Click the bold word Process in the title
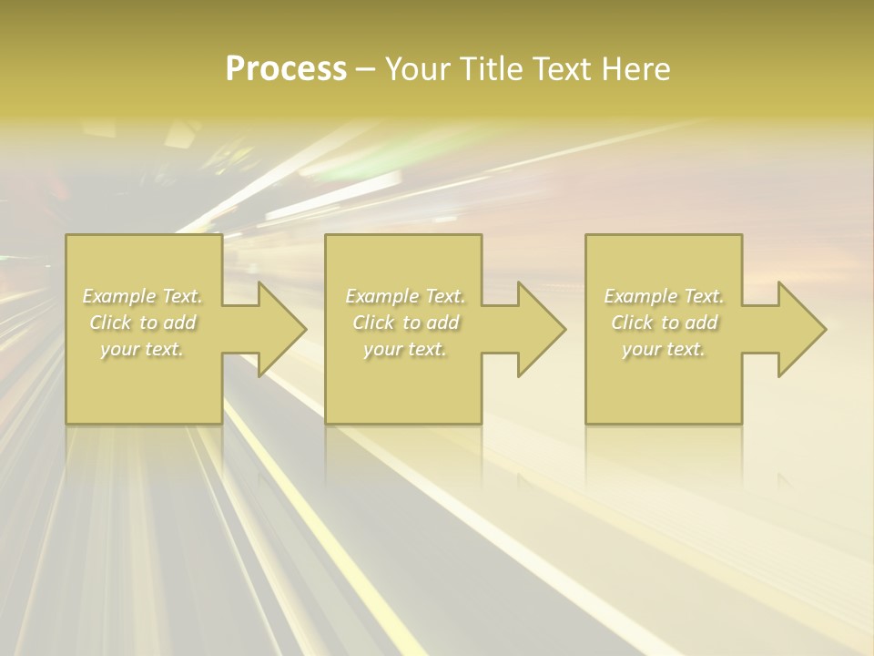[x=286, y=69]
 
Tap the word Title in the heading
[x=493, y=69]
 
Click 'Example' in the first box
[x=118, y=296]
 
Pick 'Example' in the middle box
[x=381, y=296]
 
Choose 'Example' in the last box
[x=639, y=296]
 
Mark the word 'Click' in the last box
[x=633, y=323]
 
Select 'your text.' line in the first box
[x=142, y=349]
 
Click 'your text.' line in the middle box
[x=404, y=349]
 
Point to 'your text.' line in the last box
[x=663, y=349]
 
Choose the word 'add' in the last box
[x=702, y=323]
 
